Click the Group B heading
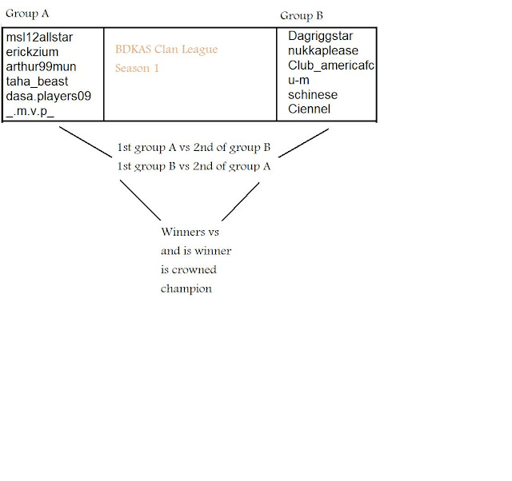coord(302,16)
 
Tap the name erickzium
coord(33,52)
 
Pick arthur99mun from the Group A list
coord(41,66)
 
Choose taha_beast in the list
coord(37,81)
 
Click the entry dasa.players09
coord(48,95)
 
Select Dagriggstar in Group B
coord(320,36)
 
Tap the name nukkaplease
coord(323,51)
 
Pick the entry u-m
coord(298,80)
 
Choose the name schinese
coord(313,94)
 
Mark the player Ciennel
coord(309,109)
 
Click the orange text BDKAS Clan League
coord(166,50)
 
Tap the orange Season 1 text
coord(137,69)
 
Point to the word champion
coord(186,288)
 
